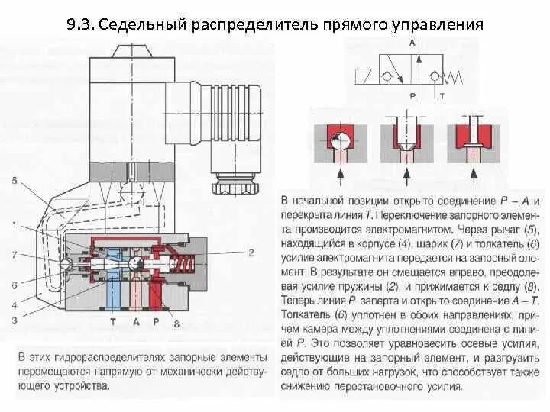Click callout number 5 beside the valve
coord(15,181)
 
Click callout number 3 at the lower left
coord(15,320)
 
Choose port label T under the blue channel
coord(113,322)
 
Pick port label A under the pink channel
coord(135,322)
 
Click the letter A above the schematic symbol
coord(412,43)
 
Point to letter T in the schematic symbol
coord(441,96)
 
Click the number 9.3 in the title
coord(79,24)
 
